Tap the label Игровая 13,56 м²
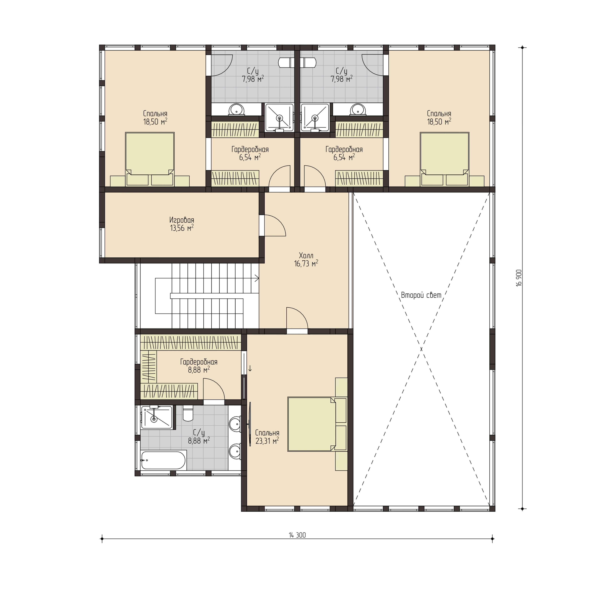click(x=182, y=224)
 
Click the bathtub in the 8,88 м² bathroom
click(x=163, y=460)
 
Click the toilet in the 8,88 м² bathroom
click(x=188, y=413)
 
